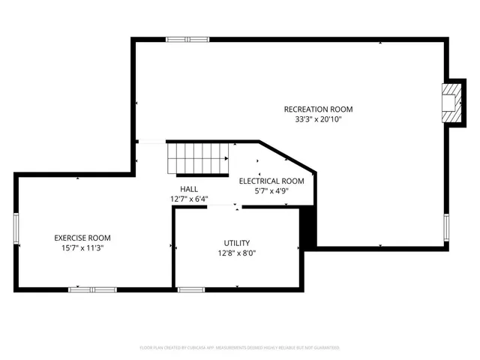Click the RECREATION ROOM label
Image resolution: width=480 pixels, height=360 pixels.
317,109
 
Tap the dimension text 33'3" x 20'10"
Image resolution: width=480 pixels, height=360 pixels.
317,119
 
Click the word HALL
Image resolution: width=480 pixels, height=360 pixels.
189,189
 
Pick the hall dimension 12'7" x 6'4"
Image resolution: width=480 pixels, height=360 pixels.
189,199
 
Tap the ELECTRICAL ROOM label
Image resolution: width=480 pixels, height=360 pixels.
271,181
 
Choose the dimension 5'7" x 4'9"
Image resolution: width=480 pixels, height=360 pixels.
271,190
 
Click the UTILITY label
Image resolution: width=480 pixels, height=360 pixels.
236,243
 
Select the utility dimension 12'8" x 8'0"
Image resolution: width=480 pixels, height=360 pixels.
236,253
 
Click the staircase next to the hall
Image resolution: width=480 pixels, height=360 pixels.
197,159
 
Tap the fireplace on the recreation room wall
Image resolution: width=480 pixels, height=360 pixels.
449,102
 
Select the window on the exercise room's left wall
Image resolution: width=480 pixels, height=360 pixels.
16,229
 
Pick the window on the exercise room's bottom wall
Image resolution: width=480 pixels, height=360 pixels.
92,289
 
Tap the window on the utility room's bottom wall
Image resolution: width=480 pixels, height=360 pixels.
191,289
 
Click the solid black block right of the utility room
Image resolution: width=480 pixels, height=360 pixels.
307,229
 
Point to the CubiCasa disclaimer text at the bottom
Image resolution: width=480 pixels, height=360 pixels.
240,348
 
